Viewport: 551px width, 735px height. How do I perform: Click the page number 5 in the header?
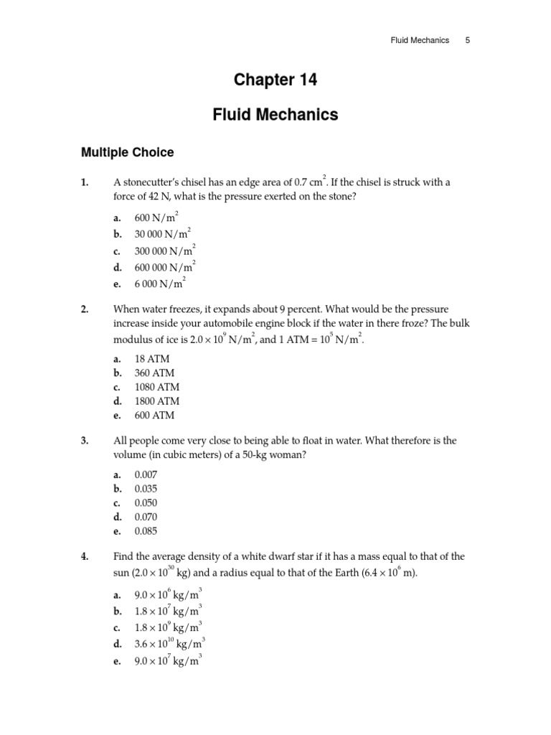(x=468, y=40)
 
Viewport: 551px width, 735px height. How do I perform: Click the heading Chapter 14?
(x=275, y=80)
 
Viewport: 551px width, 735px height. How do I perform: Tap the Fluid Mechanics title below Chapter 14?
(x=275, y=115)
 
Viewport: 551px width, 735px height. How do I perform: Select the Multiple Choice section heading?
(x=127, y=152)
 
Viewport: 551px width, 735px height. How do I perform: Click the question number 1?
(x=85, y=182)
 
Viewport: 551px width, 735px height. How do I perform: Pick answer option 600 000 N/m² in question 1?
(x=164, y=267)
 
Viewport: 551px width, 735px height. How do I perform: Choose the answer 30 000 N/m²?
(x=162, y=234)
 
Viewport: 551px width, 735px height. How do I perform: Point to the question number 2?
(x=85, y=309)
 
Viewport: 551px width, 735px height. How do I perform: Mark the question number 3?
(x=85, y=441)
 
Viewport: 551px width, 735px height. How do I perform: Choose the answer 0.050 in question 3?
(x=146, y=503)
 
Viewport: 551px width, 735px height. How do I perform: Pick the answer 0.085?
(x=146, y=532)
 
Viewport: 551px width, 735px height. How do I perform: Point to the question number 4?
(x=85, y=556)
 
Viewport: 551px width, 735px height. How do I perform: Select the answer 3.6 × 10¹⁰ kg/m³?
(x=169, y=644)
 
